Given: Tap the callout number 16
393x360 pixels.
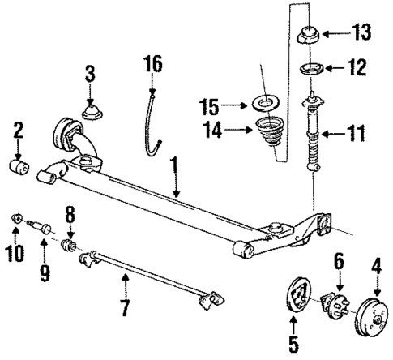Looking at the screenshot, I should [153, 62].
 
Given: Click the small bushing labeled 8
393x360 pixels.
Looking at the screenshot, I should [71, 242].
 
